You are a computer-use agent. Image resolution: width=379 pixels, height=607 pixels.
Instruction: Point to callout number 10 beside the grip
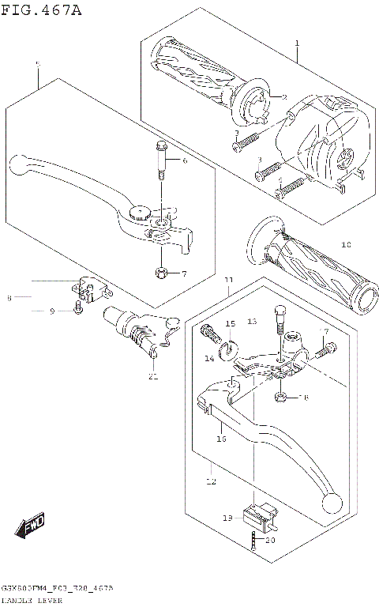point(346,245)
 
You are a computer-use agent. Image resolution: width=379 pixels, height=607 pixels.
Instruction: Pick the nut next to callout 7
point(161,273)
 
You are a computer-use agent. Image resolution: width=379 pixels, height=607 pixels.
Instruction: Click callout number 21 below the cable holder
point(153,376)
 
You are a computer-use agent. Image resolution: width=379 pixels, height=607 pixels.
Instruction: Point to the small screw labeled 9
point(77,307)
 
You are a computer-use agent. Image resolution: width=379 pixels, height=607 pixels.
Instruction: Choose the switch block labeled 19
point(258,517)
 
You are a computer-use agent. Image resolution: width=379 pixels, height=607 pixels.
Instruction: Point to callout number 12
point(210,480)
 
